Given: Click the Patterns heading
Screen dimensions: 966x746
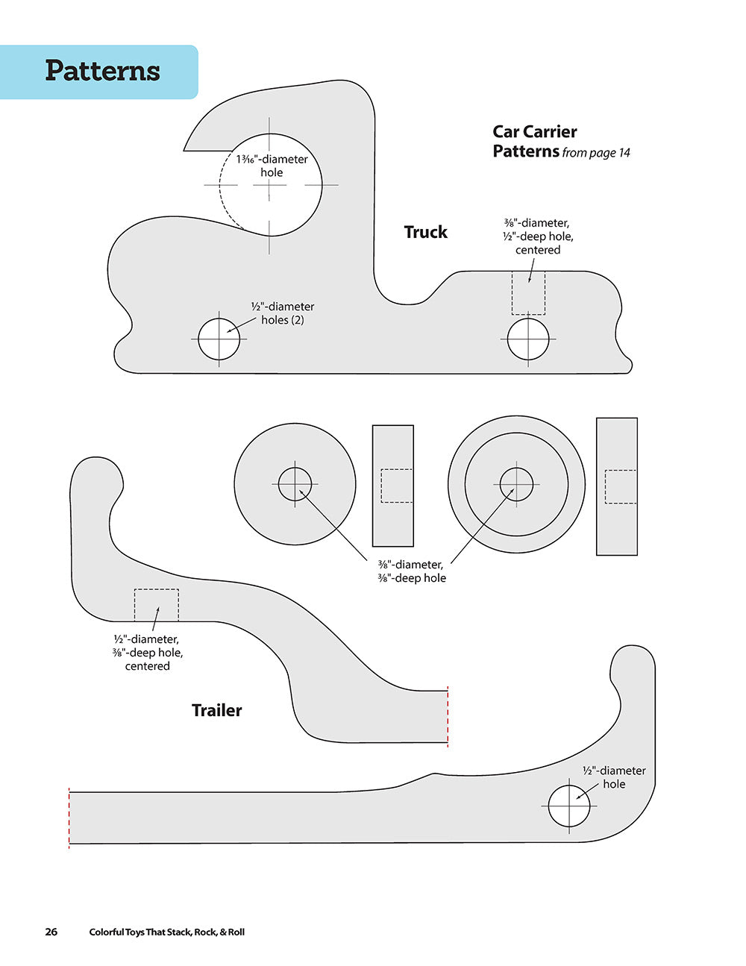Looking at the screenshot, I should point(102,71).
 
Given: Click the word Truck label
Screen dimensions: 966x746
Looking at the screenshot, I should point(425,232).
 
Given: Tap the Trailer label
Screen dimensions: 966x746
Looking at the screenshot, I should point(216,710).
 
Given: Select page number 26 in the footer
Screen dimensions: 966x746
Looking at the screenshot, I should point(51,932).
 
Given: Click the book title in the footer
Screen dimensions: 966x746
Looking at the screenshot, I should point(166,932).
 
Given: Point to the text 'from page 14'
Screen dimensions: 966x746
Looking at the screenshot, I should point(596,153).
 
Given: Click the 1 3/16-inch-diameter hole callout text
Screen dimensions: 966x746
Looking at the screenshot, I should point(272,166).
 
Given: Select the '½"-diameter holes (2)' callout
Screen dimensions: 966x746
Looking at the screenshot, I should point(282,313).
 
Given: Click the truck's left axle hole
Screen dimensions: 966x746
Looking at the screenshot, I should point(219,339).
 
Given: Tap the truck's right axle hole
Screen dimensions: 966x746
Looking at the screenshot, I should point(528,339).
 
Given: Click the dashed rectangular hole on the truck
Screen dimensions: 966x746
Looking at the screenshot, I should point(528,293).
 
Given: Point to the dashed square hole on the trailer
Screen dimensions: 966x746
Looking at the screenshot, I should point(157,605).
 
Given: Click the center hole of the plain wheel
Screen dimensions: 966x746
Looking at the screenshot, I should point(295,484).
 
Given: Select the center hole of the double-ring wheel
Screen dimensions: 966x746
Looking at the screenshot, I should point(516,484).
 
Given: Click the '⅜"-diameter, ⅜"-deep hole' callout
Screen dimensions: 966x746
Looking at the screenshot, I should point(411,571).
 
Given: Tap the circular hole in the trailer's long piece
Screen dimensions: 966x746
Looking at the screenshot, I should point(569,806).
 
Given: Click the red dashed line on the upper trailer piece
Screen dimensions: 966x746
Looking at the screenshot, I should point(448,716).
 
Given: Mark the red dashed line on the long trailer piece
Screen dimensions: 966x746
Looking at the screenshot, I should point(69,818).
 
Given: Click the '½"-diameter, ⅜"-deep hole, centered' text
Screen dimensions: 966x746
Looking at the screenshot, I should point(148,653).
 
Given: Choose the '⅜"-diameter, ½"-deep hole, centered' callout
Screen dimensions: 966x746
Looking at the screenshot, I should point(538,236).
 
